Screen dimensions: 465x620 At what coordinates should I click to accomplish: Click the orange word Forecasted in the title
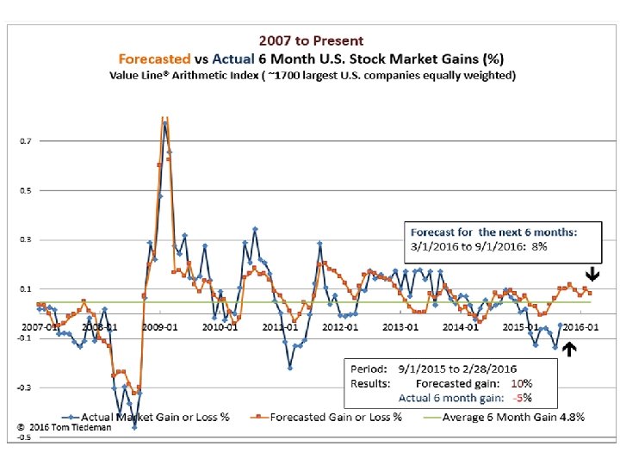tap(155, 59)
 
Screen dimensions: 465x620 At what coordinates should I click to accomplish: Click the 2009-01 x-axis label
tap(160, 327)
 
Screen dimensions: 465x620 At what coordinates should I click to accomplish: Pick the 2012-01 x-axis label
tap(342, 327)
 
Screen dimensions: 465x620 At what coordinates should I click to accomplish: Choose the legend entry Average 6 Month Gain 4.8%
tap(512, 418)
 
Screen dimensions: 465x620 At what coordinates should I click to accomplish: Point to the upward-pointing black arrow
tap(569, 350)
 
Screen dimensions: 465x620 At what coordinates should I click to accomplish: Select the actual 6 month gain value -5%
tap(523, 398)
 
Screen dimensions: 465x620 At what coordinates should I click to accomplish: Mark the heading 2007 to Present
tap(312, 40)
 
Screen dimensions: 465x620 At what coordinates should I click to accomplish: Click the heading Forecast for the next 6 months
tap(492, 232)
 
